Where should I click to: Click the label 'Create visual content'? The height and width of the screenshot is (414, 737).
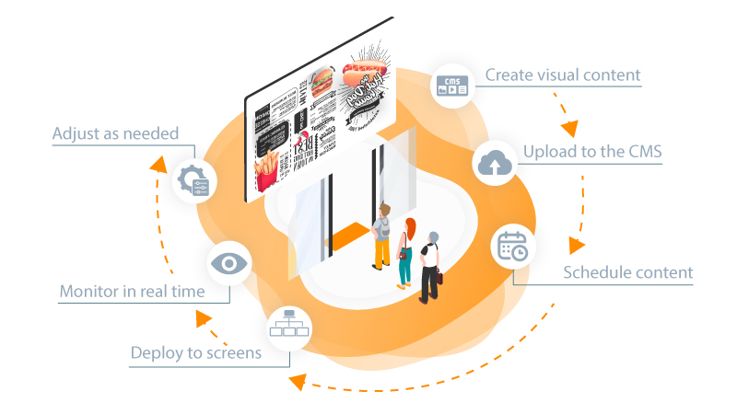(x=563, y=75)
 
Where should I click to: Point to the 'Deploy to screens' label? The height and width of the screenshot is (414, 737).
(x=195, y=352)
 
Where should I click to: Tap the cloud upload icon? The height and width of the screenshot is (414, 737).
(x=495, y=164)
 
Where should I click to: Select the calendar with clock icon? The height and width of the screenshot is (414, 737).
(x=512, y=246)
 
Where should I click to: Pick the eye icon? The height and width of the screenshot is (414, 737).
(x=228, y=264)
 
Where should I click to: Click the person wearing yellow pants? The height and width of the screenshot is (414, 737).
(x=382, y=236)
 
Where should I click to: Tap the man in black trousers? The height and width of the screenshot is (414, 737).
(x=430, y=267)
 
